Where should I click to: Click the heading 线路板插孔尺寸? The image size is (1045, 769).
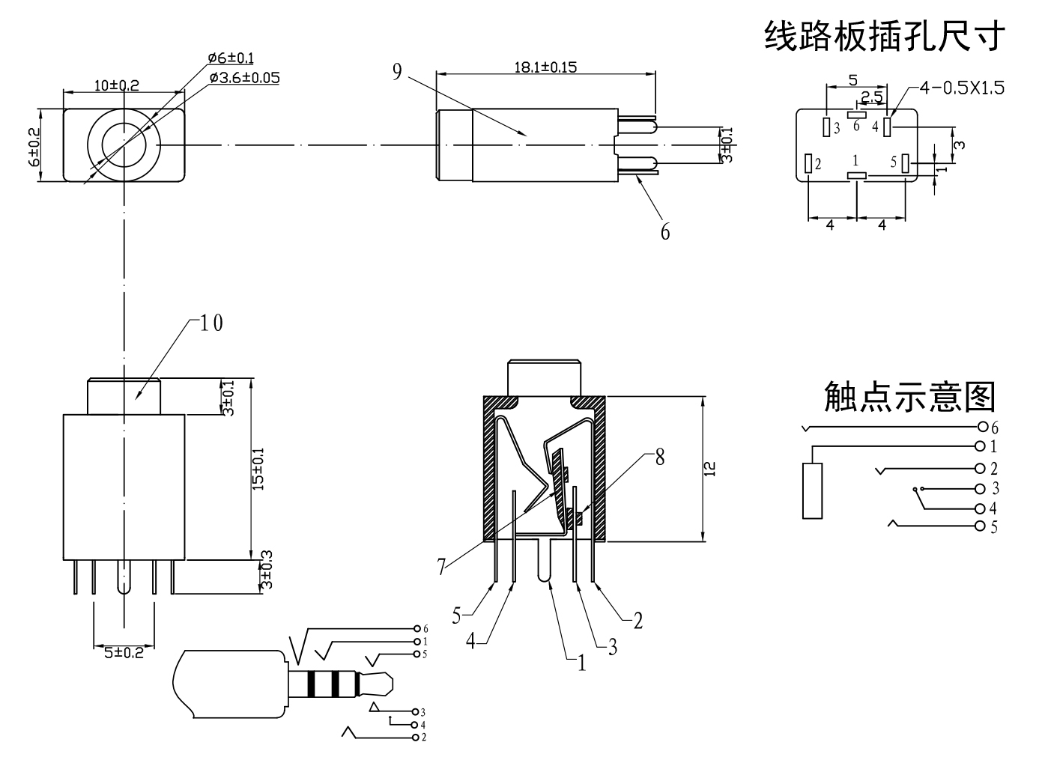click(x=882, y=36)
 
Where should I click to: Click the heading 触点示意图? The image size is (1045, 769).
click(x=909, y=396)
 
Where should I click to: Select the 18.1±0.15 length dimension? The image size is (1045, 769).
click(x=545, y=67)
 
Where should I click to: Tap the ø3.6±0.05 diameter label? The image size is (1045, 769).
click(x=244, y=77)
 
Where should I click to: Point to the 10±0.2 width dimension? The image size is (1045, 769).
click(x=117, y=85)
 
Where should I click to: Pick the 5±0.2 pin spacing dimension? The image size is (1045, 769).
click(x=123, y=652)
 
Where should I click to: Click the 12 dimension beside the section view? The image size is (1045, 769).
click(x=710, y=469)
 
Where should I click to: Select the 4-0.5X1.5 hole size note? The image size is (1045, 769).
click(x=962, y=88)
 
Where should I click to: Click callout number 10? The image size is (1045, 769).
click(x=210, y=323)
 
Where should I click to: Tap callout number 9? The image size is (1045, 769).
click(x=397, y=71)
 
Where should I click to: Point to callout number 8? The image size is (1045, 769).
click(x=659, y=457)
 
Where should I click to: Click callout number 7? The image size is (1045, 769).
click(x=442, y=568)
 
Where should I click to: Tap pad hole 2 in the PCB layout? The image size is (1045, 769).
click(x=808, y=163)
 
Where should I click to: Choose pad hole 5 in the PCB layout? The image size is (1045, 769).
click(x=905, y=162)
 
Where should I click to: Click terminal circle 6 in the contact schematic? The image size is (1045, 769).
click(x=982, y=428)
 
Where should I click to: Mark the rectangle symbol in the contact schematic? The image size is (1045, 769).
click(x=812, y=490)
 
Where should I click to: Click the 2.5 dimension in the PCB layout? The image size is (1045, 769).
click(x=870, y=97)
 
